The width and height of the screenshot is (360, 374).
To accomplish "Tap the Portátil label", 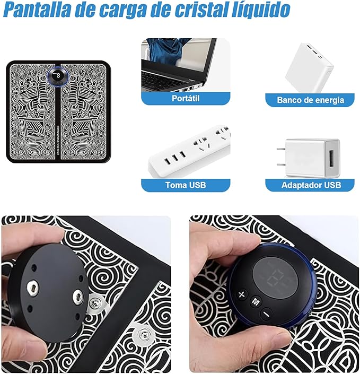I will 186,99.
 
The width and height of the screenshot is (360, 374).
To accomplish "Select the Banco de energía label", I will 310,100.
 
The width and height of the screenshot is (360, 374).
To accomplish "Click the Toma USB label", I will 186,185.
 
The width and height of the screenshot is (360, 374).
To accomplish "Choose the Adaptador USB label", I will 310,185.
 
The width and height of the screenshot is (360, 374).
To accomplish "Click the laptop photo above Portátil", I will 186,64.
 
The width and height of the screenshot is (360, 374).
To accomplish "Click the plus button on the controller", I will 242,294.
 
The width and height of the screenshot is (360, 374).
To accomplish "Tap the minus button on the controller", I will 266,312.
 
